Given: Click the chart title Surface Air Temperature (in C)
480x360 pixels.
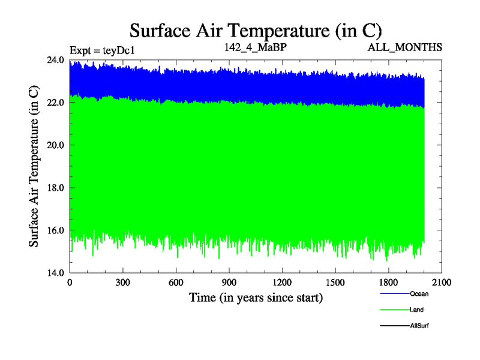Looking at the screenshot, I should [x=256, y=30].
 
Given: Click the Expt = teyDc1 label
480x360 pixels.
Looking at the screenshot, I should [x=102, y=50].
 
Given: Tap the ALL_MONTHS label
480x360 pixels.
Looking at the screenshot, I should [x=406, y=47].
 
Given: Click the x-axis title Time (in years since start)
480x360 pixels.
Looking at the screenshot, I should [x=256, y=297].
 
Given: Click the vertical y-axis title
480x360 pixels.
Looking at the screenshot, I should [x=35, y=166].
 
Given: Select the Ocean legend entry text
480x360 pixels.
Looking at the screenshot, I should [x=419, y=294].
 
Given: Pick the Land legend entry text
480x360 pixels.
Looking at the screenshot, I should [x=416, y=310].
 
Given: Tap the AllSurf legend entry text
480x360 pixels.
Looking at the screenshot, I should [x=419, y=325].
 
